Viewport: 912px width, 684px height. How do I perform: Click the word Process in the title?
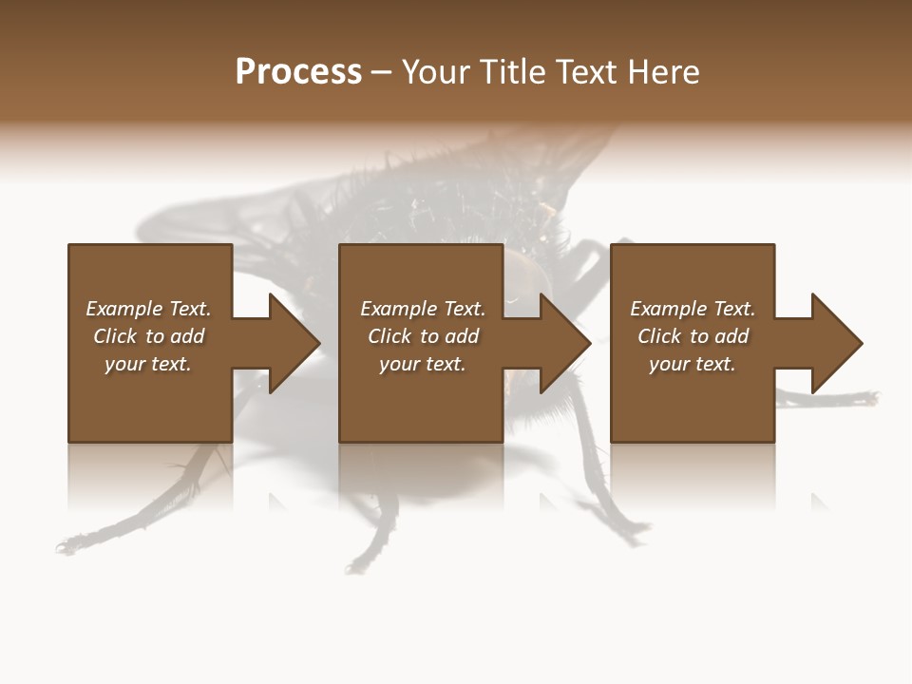[x=298, y=72]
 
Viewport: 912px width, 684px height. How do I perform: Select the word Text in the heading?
[x=582, y=72]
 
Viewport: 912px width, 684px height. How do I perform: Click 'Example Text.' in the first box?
[x=148, y=309]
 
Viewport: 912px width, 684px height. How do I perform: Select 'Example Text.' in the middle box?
[x=423, y=309]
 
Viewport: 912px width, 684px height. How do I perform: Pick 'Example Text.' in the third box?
[x=693, y=309]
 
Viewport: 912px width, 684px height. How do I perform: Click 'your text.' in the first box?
[x=148, y=364]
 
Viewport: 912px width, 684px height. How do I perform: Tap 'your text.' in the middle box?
[x=423, y=364]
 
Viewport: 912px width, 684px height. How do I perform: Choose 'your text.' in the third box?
[x=693, y=364]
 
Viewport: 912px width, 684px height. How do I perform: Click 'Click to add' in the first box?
[x=148, y=336]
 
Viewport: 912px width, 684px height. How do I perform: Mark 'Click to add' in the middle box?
[x=423, y=336]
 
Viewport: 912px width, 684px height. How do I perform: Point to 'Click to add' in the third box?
[x=693, y=336]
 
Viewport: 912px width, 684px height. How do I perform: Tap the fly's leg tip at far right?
[x=872, y=396]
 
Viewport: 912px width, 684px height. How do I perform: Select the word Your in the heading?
[x=433, y=72]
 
